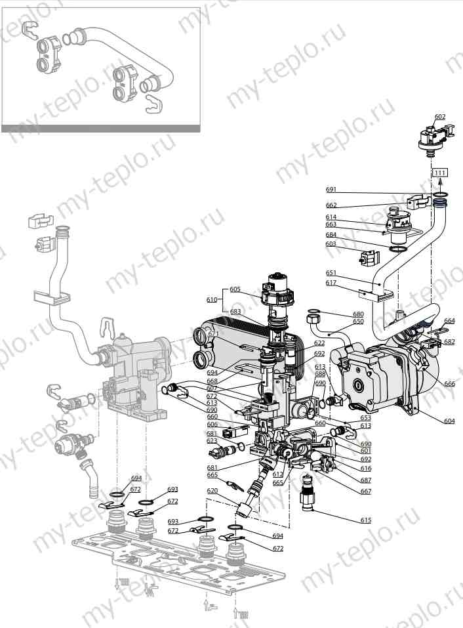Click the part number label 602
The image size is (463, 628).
pyautogui.click(x=439, y=117)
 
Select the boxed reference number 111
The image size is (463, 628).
pyautogui.click(x=439, y=172)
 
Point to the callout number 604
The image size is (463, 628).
pyautogui.click(x=449, y=421)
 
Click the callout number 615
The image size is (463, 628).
pyautogui.click(x=365, y=520)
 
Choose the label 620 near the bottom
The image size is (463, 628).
pyautogui.click(x=212, y=491)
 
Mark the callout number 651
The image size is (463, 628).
pyautogui.click(x=331, y=272)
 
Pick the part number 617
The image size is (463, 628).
pyautogui.click(x=331, y=283)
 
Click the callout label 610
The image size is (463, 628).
pyautogui.click(x=211, y=299)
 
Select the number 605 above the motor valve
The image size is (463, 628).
pyautogui.click(x=235, y=289)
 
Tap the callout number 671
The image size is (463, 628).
pyautogui.click(x=213, y=334)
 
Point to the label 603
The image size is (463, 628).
pyautogui.click(x=331, y=244)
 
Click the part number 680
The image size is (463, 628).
pyautogui.click(x=358, y=314)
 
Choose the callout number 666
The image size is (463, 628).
pyautogui.click(x=449, y=384)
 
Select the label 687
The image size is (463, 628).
pyautogui.click(x=365, y=481)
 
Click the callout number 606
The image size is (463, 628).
pyautogui.click(x=212, y=425)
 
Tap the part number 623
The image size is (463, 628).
pyautogui.click(x=212, y=441)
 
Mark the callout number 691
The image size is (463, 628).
pyautogui.click(x=331, y=190)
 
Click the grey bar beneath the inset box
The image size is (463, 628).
pyautogui.click(x=100, y=129)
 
